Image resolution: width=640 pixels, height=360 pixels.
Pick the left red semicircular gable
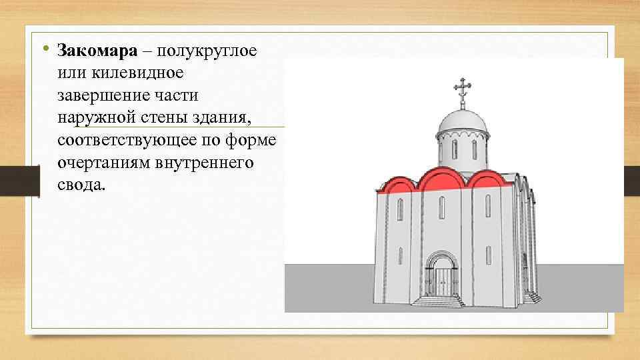(x=399, y=184)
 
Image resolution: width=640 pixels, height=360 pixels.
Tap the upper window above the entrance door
(x=441, y=208)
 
